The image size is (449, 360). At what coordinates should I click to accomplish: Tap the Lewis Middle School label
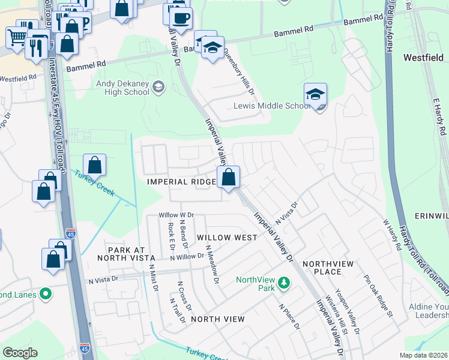click(x=271, y=106)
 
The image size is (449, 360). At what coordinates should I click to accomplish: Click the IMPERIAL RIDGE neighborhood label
click(x=182, y=182)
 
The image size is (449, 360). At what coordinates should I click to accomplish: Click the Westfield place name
click(x=423, y=58)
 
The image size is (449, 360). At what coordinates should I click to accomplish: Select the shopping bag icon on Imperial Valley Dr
click(x=228, y=177)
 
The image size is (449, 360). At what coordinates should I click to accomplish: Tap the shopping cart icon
click(x=17, y=37)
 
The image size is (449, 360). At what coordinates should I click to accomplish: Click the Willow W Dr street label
click(x=176, y=215)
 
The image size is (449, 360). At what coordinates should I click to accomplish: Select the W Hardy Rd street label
click(x=391, y=235)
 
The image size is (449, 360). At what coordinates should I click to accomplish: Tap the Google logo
click(x=20, y=353)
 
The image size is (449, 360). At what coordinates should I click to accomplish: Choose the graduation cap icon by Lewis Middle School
click(x=315, y=95)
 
